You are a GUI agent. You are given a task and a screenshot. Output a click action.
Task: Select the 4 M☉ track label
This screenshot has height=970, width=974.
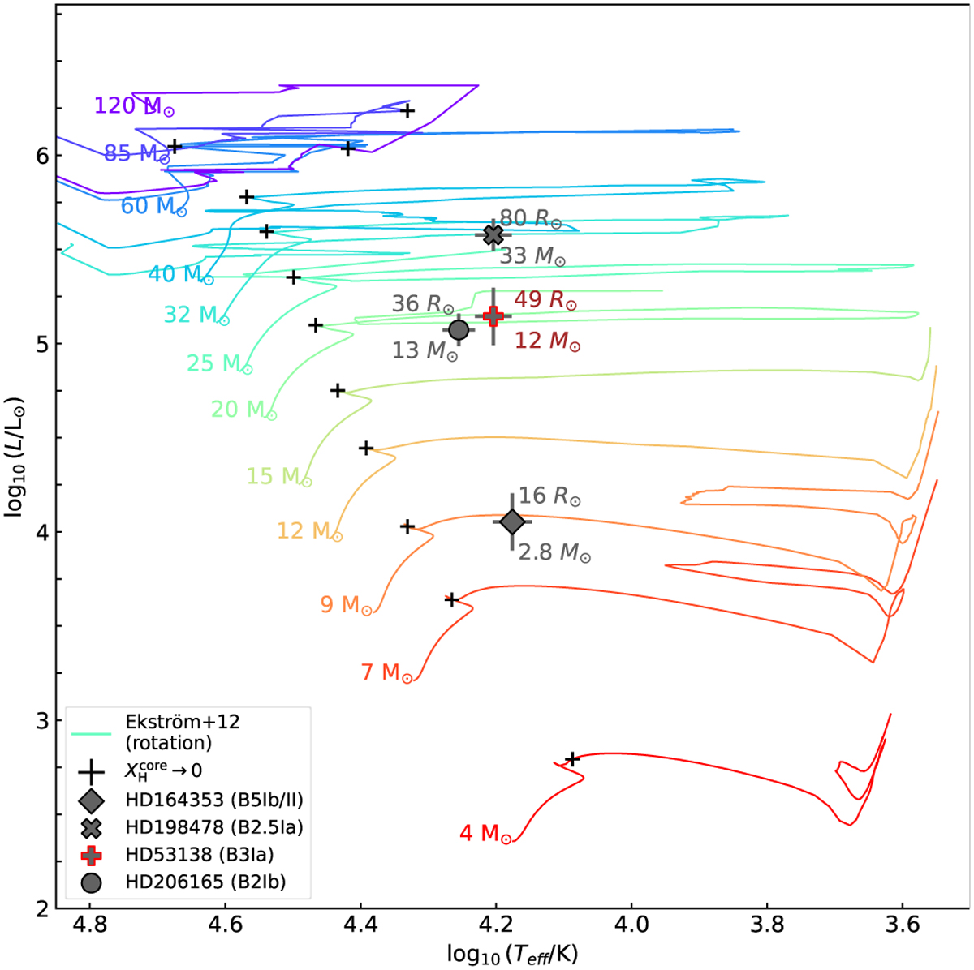tap(485, 834)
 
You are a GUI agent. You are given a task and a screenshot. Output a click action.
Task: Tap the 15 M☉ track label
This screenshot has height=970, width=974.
tap(278, 476)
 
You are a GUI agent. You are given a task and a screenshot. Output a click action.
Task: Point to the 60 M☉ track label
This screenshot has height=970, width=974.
tap(153, 206)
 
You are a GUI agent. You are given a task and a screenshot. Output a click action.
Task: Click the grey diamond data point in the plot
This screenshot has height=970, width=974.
tap(511, 522)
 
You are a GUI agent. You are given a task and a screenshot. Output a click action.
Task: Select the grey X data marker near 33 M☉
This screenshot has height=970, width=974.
tap(493, 235)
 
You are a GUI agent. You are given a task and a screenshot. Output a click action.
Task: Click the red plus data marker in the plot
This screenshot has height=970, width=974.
tap(493, 315)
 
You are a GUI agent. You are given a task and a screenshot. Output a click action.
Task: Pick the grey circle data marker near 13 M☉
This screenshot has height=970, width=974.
tap(459, 329)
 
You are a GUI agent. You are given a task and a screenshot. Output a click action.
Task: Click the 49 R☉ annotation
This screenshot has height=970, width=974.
tap(545, 300)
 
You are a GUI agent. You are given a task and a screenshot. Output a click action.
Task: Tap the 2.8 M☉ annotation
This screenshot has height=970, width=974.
tap(554, 552)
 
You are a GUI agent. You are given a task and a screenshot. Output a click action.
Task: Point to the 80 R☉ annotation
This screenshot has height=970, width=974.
tap(530, 219)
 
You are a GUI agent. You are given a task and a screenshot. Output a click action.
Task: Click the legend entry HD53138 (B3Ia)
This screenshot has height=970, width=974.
tap(199, 855)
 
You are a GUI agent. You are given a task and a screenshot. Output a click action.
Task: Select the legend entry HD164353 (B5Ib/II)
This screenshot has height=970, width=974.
tap(213, 800)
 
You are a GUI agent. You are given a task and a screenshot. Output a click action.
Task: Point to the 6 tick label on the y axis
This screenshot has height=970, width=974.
tap(41, 156)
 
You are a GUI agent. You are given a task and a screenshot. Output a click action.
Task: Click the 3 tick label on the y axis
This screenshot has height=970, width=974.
tap(41, 721)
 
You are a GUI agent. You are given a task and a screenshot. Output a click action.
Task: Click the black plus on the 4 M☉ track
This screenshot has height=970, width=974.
tap(572, 759)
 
